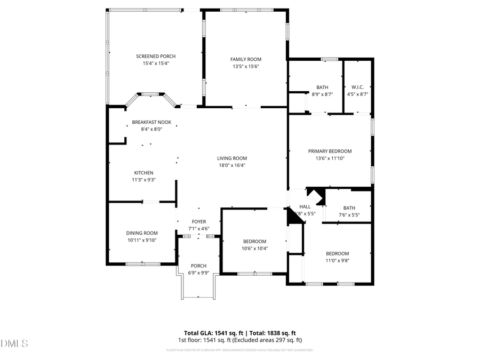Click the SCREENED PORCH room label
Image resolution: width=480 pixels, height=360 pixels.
(156, 57)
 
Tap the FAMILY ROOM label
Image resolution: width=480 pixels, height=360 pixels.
(246, 59)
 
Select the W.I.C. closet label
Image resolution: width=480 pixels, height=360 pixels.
(357, 87)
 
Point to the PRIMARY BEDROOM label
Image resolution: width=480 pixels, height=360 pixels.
(330, 151)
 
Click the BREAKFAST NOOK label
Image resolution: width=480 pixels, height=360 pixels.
(151, 122)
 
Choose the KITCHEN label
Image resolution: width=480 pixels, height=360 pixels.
(143, 173)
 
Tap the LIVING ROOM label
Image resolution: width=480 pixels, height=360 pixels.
(232, 158)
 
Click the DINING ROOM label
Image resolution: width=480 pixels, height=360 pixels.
(142, 233)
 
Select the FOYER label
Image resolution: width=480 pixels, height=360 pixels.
(199, 222)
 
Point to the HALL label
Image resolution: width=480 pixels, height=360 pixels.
(305, 206)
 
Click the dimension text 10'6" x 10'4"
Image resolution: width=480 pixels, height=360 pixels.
(254, 248)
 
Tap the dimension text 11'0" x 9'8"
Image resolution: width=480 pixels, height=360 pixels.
(337, 260)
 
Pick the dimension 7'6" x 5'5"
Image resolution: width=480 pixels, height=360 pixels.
(349, 215)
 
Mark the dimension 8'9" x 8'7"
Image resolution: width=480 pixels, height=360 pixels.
(322, 94)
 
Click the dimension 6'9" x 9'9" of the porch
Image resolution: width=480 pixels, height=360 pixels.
(198, 273)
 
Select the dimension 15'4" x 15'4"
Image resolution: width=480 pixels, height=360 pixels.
(156, 63)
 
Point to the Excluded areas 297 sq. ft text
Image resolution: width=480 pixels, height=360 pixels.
(271, 340)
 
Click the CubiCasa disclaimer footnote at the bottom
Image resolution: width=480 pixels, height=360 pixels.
(239, 350)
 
